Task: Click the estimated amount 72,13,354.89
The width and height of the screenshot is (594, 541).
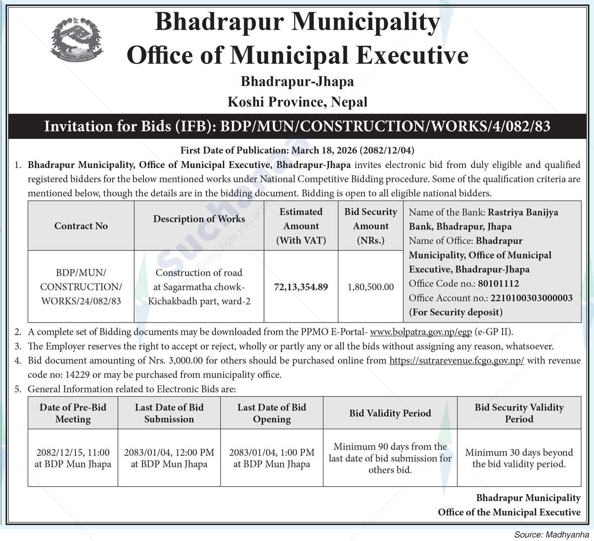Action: click(x=301, y=287)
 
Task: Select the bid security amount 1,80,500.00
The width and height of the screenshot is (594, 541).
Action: click(x=370, y=287)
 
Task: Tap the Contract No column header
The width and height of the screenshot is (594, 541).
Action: click(x=81, y=226)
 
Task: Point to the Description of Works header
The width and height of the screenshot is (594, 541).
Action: click(x=199, y=219)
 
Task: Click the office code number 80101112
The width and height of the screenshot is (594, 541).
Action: click(x=498, y=283)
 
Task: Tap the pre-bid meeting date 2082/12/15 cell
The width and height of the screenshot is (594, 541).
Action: click(x=73, y=458)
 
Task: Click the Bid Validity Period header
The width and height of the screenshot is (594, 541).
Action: click(x=390, y=413)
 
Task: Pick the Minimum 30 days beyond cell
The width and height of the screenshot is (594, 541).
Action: click(x=519, y=458)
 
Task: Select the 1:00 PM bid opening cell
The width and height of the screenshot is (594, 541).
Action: click(x=272, y=458)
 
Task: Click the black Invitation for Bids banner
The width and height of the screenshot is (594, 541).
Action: click(x=297, y=126)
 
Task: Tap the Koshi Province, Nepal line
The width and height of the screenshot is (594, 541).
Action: click(x=297, y=102)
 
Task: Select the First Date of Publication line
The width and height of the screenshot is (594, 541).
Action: click(x=297, y=150)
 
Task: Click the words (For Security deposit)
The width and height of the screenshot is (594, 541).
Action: click(x=455, y=312)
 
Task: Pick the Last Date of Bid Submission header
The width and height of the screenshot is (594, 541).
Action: click(x=169, y=413)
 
